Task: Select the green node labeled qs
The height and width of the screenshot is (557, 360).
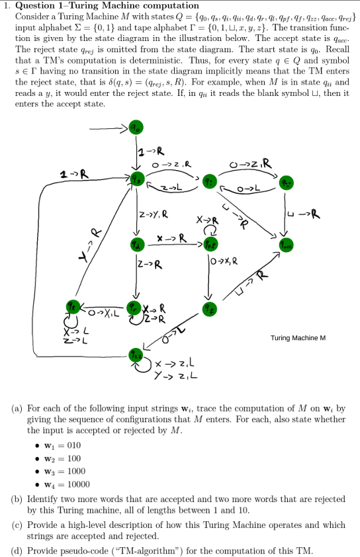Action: pos(136,179)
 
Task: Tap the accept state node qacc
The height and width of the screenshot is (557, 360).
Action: pos(285,245)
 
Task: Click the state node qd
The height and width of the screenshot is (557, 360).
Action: pos(136,245)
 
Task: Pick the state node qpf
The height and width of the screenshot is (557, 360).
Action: pos(209,245)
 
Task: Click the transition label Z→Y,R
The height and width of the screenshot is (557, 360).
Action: pos(154,213)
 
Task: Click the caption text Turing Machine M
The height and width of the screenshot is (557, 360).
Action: pos(298,338)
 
